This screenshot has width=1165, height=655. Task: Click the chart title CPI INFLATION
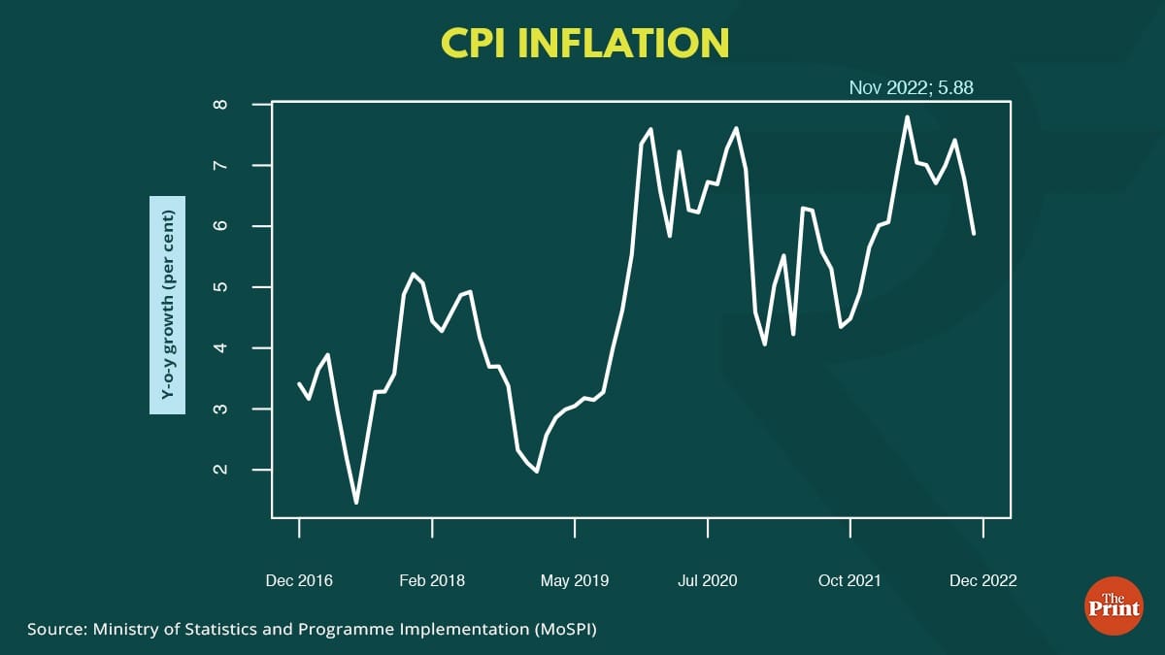[x=584, y=43]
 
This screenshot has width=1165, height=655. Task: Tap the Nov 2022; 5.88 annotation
[x=911, y=87]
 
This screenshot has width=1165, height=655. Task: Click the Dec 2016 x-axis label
[x=299, y=580]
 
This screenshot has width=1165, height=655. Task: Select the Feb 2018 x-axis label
[x=432, y=580]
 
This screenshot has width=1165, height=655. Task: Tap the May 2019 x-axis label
[x=575, y=580]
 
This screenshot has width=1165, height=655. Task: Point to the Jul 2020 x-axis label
[x=708, y=580]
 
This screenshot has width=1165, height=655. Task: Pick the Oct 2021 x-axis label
[x=849, y=580]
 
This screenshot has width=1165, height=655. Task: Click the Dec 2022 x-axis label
[x=983, y=580]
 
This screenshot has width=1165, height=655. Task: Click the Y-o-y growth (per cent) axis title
[x=167, y=305]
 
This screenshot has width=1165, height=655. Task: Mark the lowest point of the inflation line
[x=356, y=503]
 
